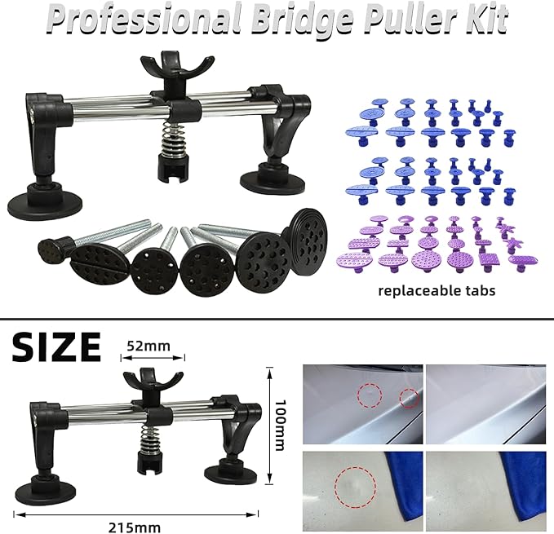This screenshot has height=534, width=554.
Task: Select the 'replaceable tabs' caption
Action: (437, 289)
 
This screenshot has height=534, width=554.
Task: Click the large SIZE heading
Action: (56, 346)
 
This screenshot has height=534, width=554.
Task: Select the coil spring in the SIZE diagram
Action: (148, 441)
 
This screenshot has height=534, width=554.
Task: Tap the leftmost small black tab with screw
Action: (54, 245)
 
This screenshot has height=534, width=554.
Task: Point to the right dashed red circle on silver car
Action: (408, 399)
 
